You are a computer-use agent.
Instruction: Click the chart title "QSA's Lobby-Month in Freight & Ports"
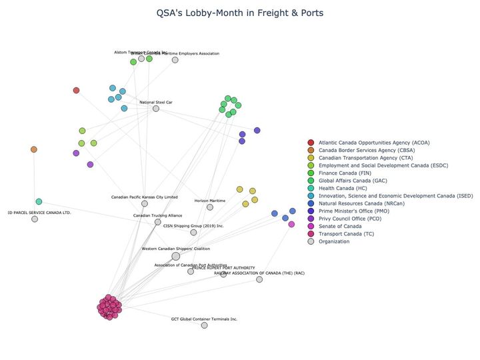pyautogui.click(x=240, y=13)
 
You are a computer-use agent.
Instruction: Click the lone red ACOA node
pyautogui.click(x=76, y=90)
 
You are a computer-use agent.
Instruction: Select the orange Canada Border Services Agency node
pyautogui.click(x=34, y=149)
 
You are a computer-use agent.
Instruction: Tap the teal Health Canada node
pyautogui.click(x=39, y=201)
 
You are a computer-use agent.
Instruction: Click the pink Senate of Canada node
pyautogui.click(x=291, y=224)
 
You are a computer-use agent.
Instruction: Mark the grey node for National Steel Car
pyautogui.click(x=156, y=109)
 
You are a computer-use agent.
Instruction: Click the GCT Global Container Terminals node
pyautogui.click(x=204, y=325)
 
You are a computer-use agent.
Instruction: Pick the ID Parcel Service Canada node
pyautogui.click(x=35, y=219)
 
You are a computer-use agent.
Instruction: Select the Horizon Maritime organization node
pyautogui.click(x=210, y=207)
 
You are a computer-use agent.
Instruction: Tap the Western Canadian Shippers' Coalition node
pyautogui.click(x=176, y=256)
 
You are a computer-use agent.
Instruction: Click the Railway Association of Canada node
pyautogui.click(x=259, y=279)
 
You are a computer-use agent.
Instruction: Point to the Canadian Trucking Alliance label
pyautogui.click(x=157, y=215)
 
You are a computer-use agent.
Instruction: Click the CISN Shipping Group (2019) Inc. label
pyautogui.click(x=193, y=226)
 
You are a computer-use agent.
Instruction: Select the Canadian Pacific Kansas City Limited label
pyautogui.click(x=145, y=197)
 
